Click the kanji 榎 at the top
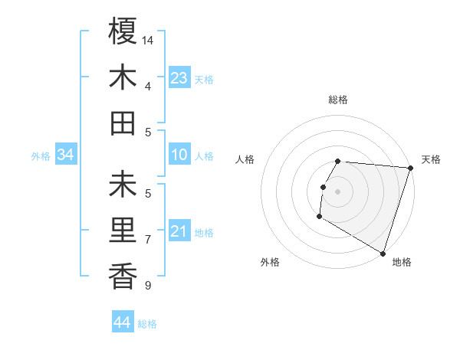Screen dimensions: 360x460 (123, 32)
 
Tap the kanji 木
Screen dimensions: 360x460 (123, 77)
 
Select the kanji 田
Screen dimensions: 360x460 (123, 123)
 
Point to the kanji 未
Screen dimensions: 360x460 (123, 186)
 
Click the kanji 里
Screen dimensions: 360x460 (123, 231)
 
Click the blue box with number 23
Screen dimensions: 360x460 (179, 78)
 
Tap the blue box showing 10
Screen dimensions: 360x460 (179, 155)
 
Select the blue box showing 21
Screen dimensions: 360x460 (179, 231)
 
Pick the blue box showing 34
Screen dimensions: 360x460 (66, 155)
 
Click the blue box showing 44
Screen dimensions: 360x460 (123, 322)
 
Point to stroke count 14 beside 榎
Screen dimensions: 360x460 (149, 39)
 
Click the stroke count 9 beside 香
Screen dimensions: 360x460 (148, 286)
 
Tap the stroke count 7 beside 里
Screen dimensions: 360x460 (148, 239)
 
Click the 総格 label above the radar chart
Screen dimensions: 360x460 (338, 100)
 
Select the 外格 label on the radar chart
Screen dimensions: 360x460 (270, 262)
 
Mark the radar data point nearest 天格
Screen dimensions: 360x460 (410, 168)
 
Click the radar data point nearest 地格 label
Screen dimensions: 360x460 (383, 253)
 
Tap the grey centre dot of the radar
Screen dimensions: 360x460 (338, 191)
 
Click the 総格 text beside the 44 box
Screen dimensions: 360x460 (147, 324)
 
